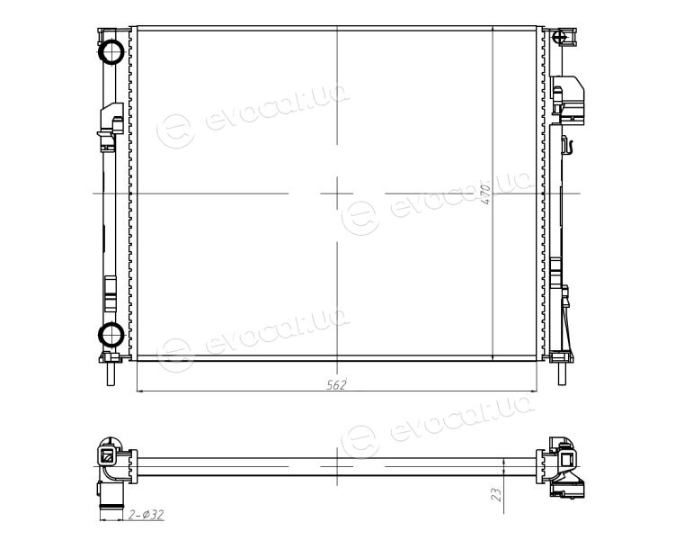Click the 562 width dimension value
(x=336, y=384)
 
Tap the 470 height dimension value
(x=485, y=193)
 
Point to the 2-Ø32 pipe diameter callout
(x=146, y=515)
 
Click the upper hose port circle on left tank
(x=111, y=52)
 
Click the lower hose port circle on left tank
(x=111, y=335)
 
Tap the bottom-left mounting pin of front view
(x=111, y=373)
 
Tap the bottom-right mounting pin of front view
(x=561, y=373)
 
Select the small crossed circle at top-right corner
(x=561, y=36)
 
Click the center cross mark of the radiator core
(x=337, y=193)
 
